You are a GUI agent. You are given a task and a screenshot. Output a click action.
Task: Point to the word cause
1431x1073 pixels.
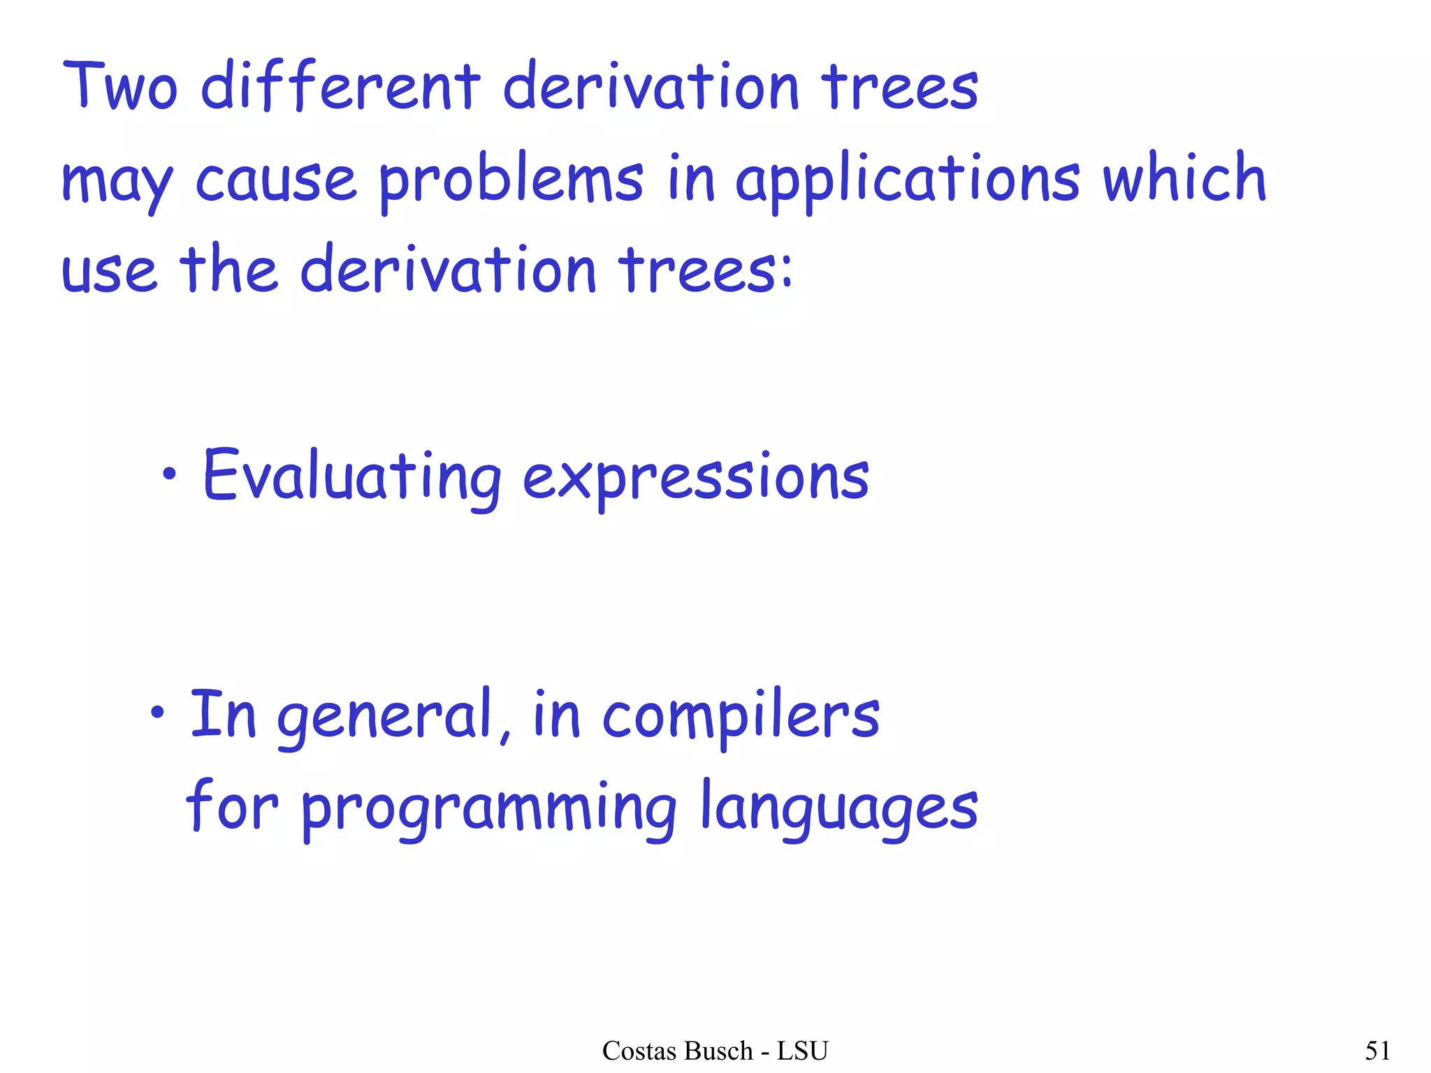pyautogui.click(x=275, y=179)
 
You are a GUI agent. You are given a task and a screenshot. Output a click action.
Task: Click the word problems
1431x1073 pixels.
pyautogui.click(x=511, y=180)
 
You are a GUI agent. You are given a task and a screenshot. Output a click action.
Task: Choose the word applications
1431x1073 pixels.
pyautogui.click(x=908, y=180)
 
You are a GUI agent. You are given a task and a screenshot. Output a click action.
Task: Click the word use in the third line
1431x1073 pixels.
pyautogui.click(x=109, y=271)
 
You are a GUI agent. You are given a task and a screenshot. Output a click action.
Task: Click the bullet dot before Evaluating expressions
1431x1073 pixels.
pyautogui.click(x=168, y=475)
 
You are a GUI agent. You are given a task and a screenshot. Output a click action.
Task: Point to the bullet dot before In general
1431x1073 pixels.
pyautogui.click(x=157, y=713)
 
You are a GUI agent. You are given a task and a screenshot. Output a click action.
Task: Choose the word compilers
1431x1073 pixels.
pyautogui.click(x=741, y=715)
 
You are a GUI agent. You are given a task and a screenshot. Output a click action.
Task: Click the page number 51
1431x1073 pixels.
pyautogui.click(x=1377, y=1051)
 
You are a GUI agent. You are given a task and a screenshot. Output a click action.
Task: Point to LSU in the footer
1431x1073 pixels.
pyautogui.click(x=802, y=1051)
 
